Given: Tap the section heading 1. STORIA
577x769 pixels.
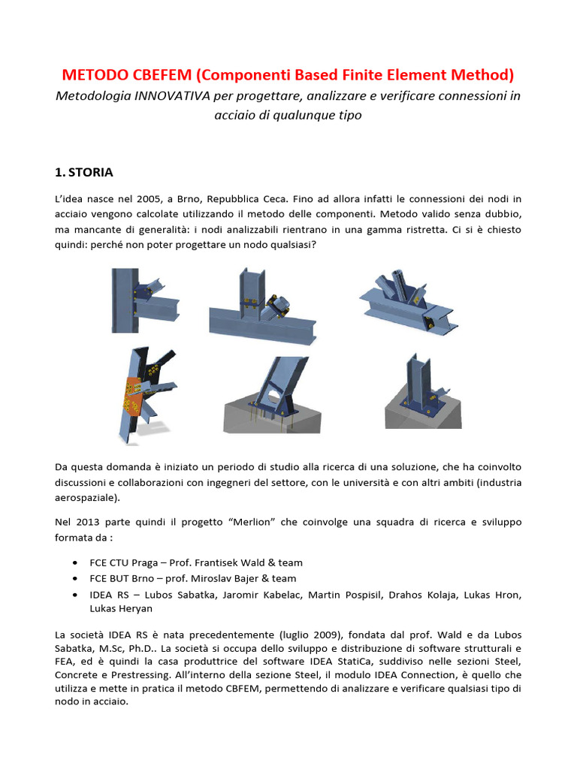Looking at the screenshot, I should point(84,172).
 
